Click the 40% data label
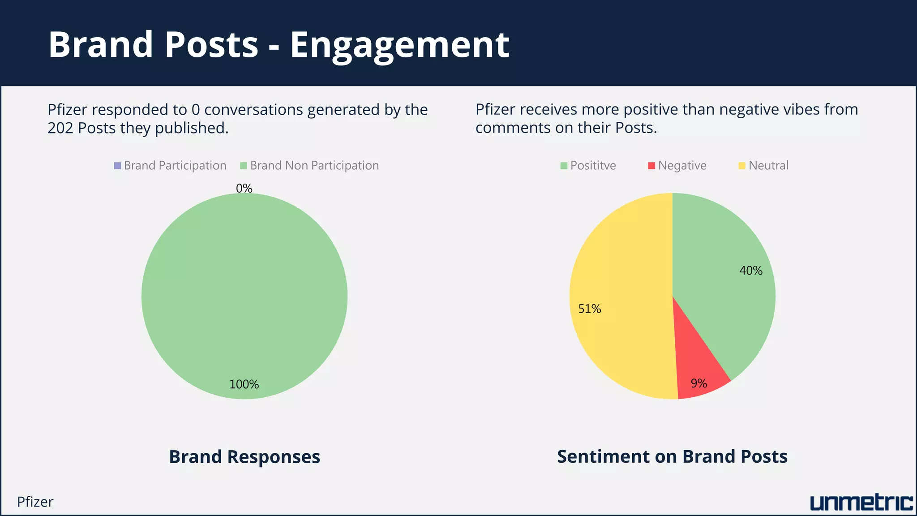[750, 271]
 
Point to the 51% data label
[589, 309]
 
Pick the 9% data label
[698, 383]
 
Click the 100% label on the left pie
[244, 384]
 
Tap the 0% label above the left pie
[244, 188]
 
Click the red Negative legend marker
[651, 166]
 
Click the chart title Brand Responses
[244, 457]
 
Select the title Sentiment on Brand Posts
[672, 456]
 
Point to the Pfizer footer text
[35, 502]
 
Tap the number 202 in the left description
[60, 128]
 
